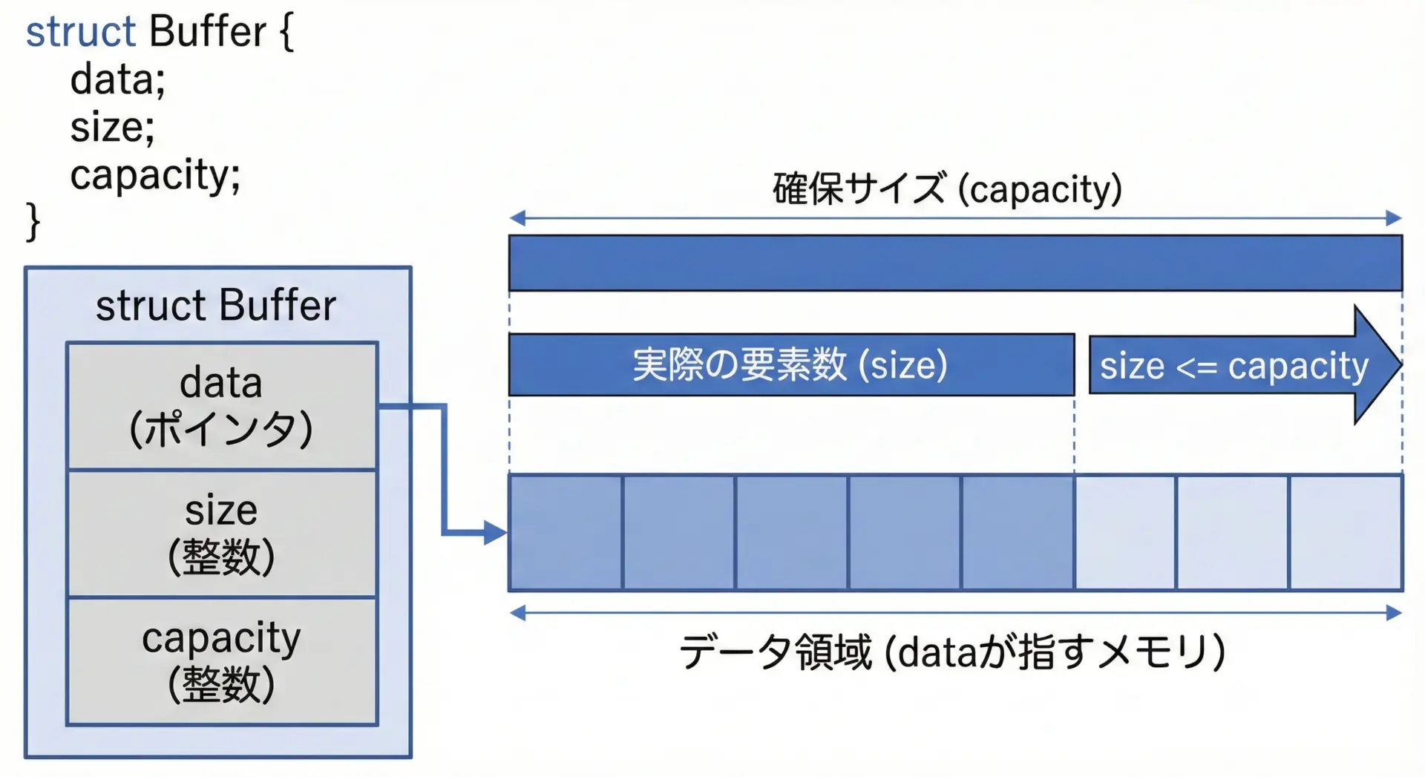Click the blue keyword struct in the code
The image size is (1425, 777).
(x=81, y=33)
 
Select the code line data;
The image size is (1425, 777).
(x=117, y=80)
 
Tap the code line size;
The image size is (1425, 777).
(x=112, y=128)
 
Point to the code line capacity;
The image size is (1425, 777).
(x=155, y=175)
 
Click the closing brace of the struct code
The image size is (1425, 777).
(x=33, y=221)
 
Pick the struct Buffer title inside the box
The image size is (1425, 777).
(x=216, y=306)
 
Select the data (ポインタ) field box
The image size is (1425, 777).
(x=222, y=406)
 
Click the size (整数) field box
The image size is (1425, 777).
(x=222, y=534)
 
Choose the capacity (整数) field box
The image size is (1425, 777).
(x=222, y=661)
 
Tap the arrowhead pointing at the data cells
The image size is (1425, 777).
(x=495, y=532)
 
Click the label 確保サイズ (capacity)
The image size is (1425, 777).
(x=947, y=189)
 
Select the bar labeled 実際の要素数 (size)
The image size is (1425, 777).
(x=791, y=365)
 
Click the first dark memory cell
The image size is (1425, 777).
(x=566, y=533)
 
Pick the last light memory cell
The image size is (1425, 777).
(x=1346, y=533)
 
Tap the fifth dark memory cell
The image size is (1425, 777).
(x=1018, y=533)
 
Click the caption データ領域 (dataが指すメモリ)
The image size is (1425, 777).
(x=952, y=652)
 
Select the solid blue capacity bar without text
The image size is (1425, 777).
(x=955, y=263)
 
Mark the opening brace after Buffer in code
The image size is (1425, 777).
(x=286, y=33)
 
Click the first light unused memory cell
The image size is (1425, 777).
(x=1125, y=533)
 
